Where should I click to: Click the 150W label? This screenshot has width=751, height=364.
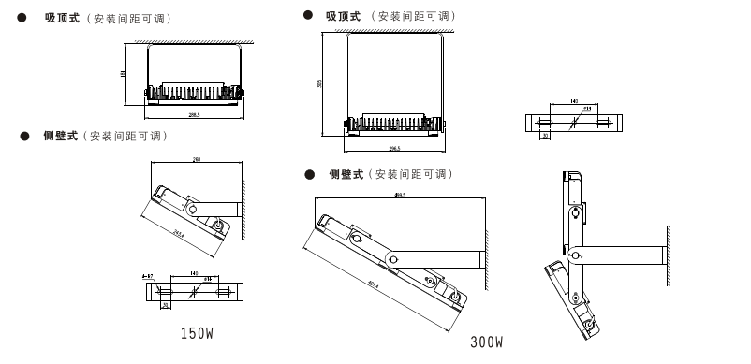coord(197,333)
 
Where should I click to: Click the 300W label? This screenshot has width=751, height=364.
coord(486,342)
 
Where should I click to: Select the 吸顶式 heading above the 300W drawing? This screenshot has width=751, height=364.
coord(343,16)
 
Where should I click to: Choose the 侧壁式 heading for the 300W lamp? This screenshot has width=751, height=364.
coord(346,174)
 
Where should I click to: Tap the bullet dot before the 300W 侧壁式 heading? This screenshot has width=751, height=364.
coord(309,174)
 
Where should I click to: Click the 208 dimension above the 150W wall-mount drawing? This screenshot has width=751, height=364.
coord(197,160)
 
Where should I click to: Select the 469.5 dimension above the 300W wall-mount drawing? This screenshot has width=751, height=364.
coord(400,195)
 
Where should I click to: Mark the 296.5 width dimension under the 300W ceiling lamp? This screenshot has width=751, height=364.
coord(394,148)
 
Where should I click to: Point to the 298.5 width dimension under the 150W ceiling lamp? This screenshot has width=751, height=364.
coord(194,115)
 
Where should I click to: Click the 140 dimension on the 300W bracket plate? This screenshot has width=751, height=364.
coord(573,101)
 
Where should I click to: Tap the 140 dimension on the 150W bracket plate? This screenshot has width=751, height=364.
coord(194,274)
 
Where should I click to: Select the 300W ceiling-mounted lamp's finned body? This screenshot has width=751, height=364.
coord(394,123)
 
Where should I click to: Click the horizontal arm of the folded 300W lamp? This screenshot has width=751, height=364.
coord(624,254)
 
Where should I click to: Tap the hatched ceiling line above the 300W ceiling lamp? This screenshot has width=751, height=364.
coord(394,31)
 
